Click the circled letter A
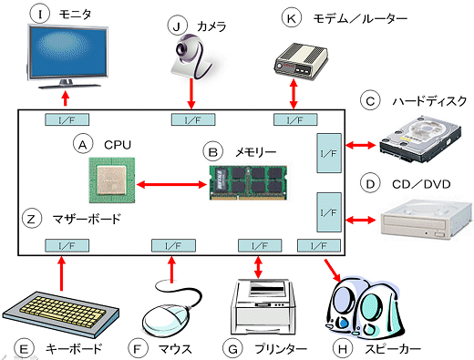coord(84,144)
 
